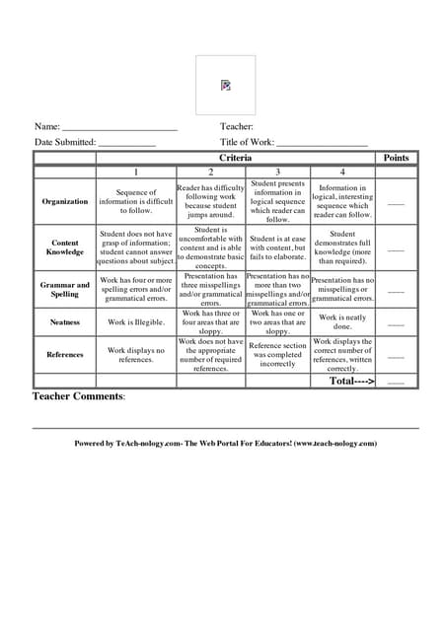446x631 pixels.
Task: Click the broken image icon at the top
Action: coord(226,85)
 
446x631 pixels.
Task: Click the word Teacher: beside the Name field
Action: coord(237,126)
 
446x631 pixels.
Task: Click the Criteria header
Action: coord(235,158)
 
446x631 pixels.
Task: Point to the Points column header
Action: coord(396,158)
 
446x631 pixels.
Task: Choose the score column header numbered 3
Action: coord(277,172)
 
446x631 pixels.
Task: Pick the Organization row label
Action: coord(65,201)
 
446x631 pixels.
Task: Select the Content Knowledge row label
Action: coord(65,247)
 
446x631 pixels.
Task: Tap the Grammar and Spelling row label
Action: coord(65,289)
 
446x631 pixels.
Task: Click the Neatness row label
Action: coord(65,322)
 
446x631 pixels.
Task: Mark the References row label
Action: coord(65,354)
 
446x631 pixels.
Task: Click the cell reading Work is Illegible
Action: coord(136,322)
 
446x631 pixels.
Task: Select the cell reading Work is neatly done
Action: coord(342,322)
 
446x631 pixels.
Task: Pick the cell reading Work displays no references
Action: coord(136,355)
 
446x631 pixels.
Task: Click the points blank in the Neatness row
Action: coord(396,324)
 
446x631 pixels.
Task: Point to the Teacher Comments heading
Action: coord(79,396)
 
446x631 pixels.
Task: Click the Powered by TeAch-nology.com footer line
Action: coord(226,444)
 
